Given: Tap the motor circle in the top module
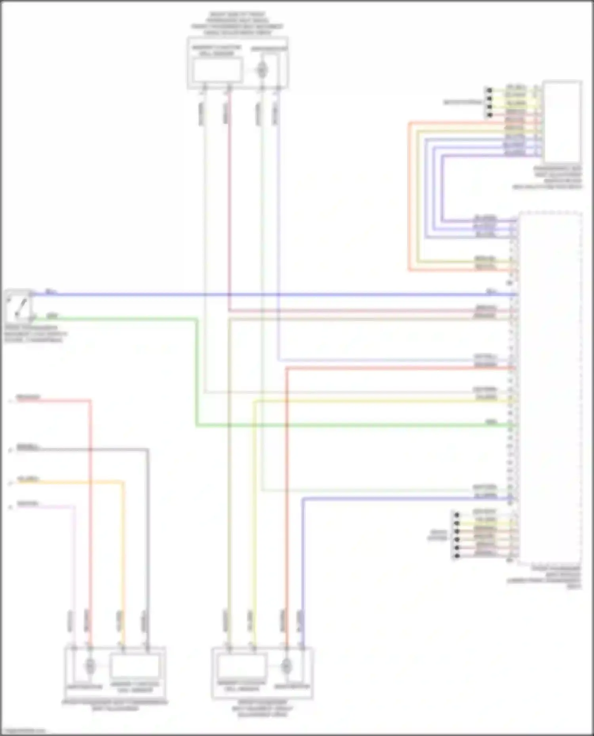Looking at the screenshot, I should click(x=261, y=70).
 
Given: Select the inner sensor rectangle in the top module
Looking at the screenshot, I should click(x=217, y=70).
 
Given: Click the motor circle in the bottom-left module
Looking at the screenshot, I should click(x=90, y=666).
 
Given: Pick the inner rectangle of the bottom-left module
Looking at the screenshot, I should click(x=135, y=666).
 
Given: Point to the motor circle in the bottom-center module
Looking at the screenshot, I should click(x=286, y=666).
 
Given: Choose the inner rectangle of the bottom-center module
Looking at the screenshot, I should click(x=241, y=666).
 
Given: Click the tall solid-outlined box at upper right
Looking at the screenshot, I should click(x=562, y=121).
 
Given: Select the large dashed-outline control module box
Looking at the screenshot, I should click(x=550, y=388).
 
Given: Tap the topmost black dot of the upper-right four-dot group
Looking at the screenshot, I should click(x=489, y=91).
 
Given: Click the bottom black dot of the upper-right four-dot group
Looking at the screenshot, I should click(x=489, y=115).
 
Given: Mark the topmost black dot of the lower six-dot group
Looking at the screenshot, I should click(x=457, y=515).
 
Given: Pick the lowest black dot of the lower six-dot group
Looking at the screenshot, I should click(x=457, y=556).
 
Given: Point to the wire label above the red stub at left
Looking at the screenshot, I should click(x=28, y=397).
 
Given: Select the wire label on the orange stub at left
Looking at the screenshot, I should click(x=28, y=479).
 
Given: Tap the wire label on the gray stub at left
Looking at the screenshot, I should click(x=28, y=447).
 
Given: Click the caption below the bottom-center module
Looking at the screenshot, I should click(x=262, y=708).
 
